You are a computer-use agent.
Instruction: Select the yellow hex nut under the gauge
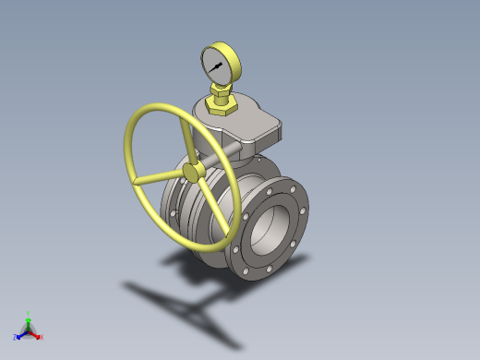[222, 106]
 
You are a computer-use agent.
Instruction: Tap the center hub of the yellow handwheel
[192, 173]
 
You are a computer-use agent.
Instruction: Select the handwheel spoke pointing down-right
[207, 194]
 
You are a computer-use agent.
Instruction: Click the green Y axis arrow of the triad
[28, 322]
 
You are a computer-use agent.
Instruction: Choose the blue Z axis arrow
[21, 334]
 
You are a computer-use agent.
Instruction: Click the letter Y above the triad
[28, 314]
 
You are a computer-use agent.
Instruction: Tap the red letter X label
[42, 337]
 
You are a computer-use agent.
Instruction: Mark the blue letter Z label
[16, 338]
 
